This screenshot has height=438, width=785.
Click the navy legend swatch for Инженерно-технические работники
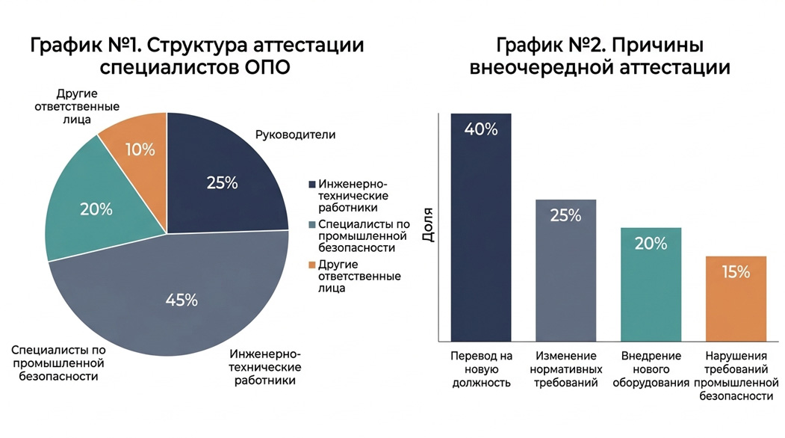(311, 183)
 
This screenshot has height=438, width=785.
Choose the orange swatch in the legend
(311, 265)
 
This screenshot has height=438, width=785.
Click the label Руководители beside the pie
(295, 135)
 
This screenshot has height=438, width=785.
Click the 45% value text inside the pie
(181, 300)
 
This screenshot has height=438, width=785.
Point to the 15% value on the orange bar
(736, 272)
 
